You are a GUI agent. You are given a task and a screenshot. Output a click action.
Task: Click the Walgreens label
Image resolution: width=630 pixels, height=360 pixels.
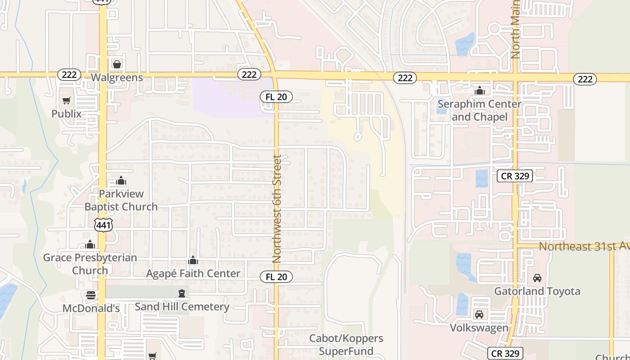(x=117, y=77)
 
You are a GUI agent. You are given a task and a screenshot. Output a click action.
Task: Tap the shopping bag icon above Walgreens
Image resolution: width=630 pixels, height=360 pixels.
(x=117, y=64)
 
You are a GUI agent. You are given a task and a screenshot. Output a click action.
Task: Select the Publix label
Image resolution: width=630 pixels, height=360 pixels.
(x=67, y=113)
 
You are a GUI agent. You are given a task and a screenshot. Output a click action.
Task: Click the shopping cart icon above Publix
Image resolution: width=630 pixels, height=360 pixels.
(x=67, y=100)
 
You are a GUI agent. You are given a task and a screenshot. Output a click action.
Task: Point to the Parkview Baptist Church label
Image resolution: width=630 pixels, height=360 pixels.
(x=121, y=200)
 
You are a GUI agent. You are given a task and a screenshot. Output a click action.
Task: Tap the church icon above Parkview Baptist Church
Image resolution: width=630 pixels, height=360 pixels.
(x=121, y=181)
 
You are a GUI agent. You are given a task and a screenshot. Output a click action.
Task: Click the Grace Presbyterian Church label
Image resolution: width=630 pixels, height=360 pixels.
(x=90, y=264)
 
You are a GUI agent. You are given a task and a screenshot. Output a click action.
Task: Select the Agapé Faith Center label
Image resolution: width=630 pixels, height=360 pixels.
(x=193, y=273)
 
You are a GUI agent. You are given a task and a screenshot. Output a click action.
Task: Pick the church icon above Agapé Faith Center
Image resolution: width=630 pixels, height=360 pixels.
(x=193, y=260)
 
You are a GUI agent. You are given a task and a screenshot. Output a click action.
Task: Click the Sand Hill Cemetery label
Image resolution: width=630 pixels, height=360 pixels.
(x=182, y=307)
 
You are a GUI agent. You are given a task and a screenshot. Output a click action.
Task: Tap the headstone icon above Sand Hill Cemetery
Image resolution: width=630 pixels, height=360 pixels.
(x=182, y=294)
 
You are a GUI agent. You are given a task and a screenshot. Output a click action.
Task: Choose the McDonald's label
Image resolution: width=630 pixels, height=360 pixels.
(x=91, y=308)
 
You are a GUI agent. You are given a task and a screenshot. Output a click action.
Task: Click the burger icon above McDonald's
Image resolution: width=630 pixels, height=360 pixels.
(x=91, y=295)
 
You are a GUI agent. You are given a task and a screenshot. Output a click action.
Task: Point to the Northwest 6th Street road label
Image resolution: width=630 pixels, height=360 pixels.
(x=277, y=209)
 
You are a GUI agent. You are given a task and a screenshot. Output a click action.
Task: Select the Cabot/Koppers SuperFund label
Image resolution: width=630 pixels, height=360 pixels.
(x=346, y=345)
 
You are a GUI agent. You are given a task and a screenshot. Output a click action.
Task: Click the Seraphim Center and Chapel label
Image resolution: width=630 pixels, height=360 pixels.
(x=479, y=111)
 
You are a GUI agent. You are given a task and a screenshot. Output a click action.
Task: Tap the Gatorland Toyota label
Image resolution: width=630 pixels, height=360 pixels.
(x=537, y=291)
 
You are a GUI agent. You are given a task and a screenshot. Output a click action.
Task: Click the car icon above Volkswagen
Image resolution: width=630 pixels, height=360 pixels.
(x=479, y=314)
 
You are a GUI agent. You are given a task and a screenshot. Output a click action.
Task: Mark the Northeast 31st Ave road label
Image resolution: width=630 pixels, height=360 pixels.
(x=584, y=246)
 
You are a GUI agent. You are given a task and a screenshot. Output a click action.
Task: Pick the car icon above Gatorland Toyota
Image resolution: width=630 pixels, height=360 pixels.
(x=537, y=278)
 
